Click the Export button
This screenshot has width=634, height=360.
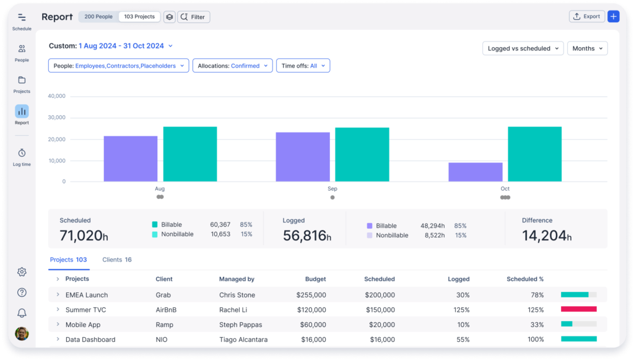click(586, 17)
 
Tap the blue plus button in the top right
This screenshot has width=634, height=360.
click(613, 17)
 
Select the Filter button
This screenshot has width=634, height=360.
click(194, 17)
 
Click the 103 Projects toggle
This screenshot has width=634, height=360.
click(139, 17)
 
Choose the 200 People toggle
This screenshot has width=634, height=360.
click(98, 17)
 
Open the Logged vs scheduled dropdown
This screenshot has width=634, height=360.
click(523, 48)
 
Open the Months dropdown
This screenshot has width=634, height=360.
click(587, 48)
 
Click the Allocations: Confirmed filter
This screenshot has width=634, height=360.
click(232, 66)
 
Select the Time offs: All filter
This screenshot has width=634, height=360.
click(303, 66)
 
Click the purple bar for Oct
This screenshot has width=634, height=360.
click(475, 172)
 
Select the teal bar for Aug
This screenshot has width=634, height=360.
click(190, 154)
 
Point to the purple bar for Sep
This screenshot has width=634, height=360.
click(303, 157)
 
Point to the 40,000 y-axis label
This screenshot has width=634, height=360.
click(56, 96)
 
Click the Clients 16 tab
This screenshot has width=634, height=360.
click(116, 260)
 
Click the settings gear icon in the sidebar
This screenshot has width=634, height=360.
click(22, 272)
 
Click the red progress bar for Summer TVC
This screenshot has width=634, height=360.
click(578, 309)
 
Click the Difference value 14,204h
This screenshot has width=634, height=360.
click(547, 235)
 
